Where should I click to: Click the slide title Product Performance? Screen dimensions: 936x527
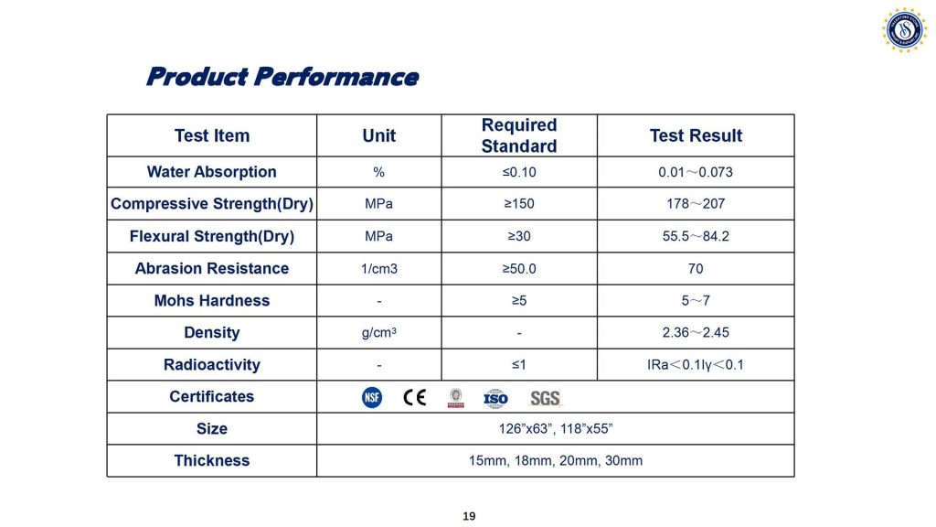tap(282, 77)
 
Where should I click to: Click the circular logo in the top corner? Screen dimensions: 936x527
tap(904, 30)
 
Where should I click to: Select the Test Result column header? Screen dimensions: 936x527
tap(696, 135)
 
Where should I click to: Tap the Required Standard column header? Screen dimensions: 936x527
tap(519, 135)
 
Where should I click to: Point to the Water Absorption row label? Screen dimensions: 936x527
tap(212, 172)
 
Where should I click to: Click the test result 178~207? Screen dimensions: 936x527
tap(696, 204)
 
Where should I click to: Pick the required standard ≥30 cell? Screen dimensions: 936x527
tap(519, 236)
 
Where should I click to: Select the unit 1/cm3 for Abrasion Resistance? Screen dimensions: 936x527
tap(379, 269)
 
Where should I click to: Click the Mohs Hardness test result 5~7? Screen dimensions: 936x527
tap(696, 300)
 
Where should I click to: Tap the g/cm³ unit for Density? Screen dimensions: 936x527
tap(379, 332)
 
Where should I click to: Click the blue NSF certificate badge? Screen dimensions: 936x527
tap(372, 397)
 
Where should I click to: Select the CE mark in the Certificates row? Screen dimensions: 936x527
tap(414, 397)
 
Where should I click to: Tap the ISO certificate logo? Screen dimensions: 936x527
tap(495, 399)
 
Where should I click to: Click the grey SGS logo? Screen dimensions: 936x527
tap(545, 398)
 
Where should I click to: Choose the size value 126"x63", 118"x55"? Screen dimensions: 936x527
tap(556, 429)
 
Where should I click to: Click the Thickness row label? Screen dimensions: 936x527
tap(212, 461)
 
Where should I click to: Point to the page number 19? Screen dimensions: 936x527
tap(469, 516)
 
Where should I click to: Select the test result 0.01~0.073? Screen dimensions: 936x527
tap(696, 172)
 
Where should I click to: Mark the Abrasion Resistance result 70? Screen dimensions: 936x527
tap(696, 269)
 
